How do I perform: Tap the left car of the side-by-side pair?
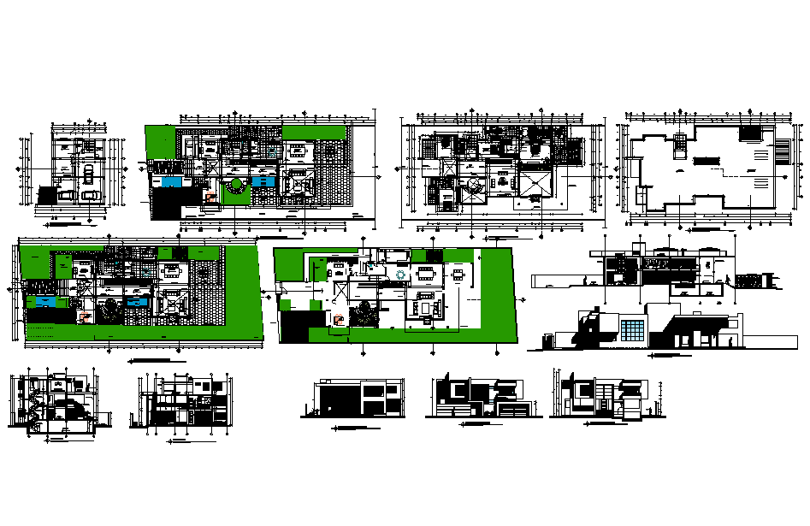[x=70, y=195]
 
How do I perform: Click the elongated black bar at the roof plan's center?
[x=706, y=159]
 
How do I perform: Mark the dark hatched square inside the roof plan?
[x=749, y=134]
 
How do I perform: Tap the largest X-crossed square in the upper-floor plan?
[x=533, y=182]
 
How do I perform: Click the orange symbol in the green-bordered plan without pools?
[x=337, y=320]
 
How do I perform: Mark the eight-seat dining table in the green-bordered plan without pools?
[x=426, y=275]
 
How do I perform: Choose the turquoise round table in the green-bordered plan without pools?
[x=401, y=275]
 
